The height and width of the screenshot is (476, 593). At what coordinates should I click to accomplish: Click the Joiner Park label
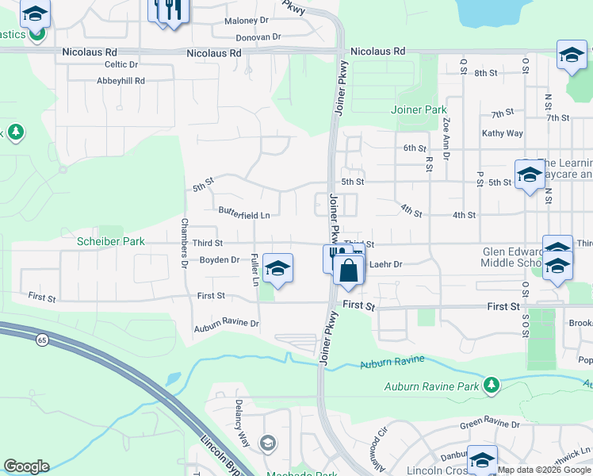pyautogui.click(x=419, y=110)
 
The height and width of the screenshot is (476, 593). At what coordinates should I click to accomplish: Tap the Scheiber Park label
pyautogui.click(x=111, y=241)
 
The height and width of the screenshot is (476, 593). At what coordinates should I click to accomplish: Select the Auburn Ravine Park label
pyautogui.click(x=432, y=387)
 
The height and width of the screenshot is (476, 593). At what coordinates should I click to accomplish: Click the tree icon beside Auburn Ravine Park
pyautogui.click(x=492, y=386)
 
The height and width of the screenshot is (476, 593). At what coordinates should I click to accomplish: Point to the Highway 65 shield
pyautogui.click(x=40, y=340)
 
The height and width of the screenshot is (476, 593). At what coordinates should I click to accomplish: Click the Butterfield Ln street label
pyautogui.click(x=244, y=214)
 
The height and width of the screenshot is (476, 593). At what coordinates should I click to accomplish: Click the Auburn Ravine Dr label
pyautogui.click(x=227, y=324)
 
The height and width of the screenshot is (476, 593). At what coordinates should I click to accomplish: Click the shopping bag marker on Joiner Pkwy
pyautogui.click(x=348, y=271)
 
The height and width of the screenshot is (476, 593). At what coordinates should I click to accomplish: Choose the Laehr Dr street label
pyautogui.click(x=387, y=264)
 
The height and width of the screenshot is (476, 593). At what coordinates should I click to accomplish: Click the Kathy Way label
pyautogui.click(x=502, y=133)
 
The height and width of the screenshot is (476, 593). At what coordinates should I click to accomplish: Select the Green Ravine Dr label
pyautogui.click(x=490, y=424)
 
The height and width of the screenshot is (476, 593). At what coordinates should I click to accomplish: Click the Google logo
pyautogui.click(x=26, y=466)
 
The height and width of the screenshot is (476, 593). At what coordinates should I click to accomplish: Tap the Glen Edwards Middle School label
pyautogui.click(x=512, y=258)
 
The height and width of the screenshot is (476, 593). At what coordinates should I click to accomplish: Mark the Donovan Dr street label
pyautogui.click(x=258, y=36)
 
